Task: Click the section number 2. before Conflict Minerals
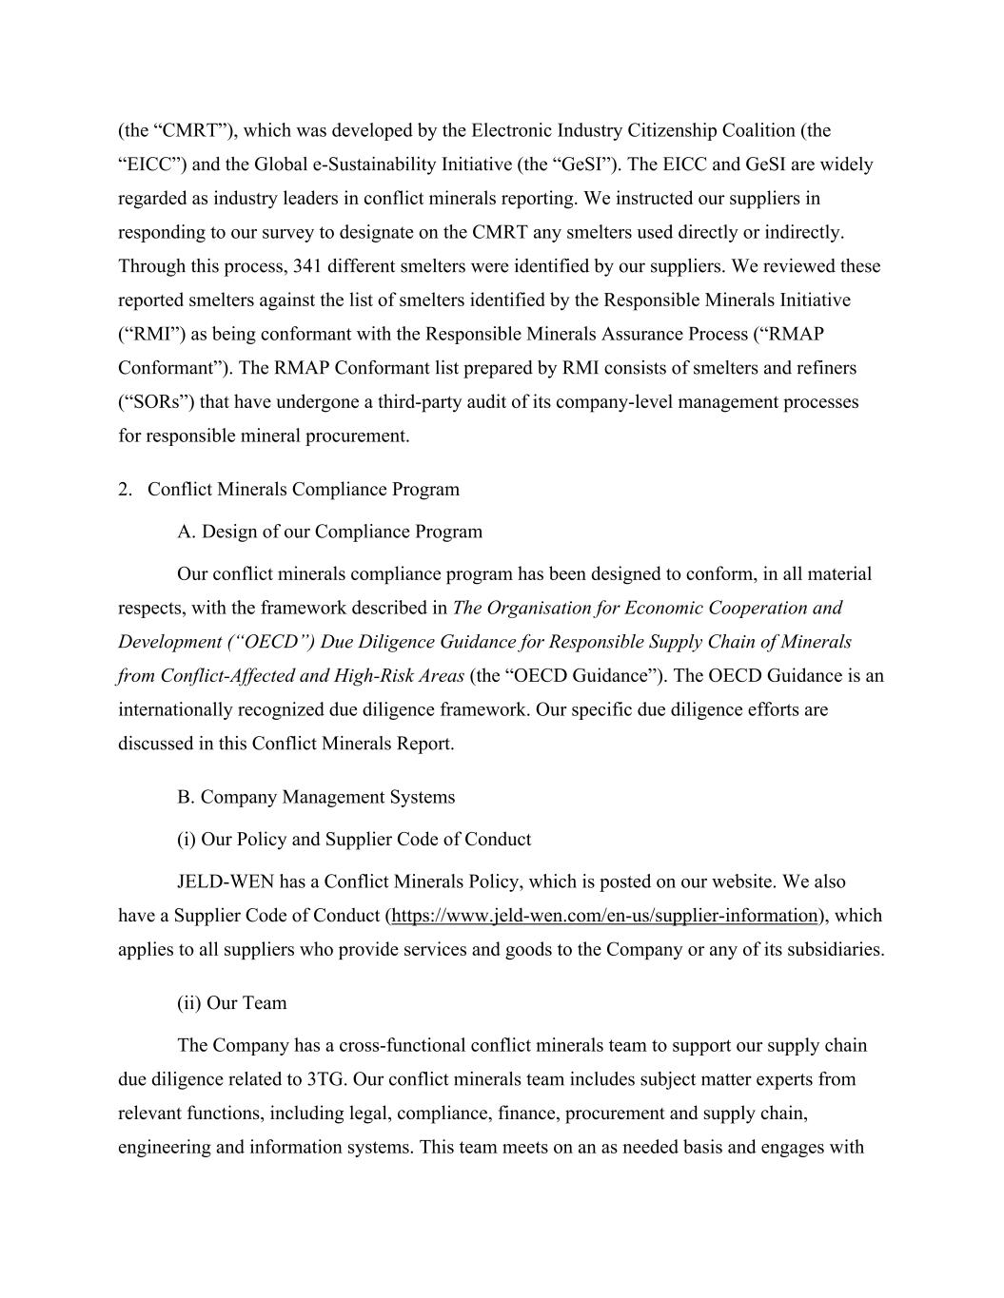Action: pos(125,490)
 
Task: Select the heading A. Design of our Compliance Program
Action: pos(329,532)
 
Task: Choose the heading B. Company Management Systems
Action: pos(316,797)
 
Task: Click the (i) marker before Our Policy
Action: pos(187,840)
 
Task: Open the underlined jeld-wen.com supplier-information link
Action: pos(604,916)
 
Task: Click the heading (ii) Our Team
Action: pos(231,1003)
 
